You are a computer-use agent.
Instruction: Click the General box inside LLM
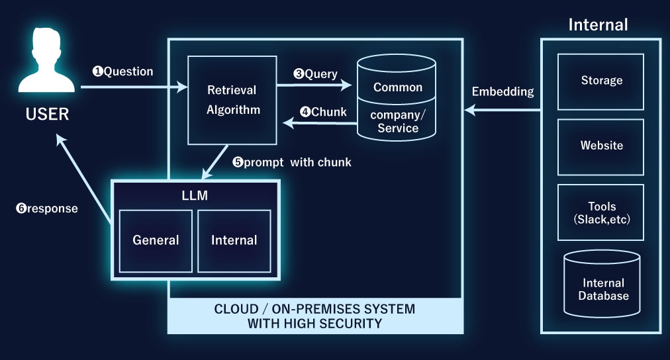click(x=156, y=240)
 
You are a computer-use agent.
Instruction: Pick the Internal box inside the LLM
click(x=234, y=240)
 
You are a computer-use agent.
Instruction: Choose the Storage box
click(x=601, y=81)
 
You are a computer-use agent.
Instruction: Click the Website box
click(x=601, y=146)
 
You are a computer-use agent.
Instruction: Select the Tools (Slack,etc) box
click(x=601, y=211)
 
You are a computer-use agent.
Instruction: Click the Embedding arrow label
click(x=502, y=92)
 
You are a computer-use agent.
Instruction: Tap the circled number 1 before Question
click(x=97, y=71)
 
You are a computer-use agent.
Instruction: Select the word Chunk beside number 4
click(x=329, y=112)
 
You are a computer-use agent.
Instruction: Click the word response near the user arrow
click(x=52, y=208)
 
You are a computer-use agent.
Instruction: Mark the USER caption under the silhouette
click(x=47, y=114)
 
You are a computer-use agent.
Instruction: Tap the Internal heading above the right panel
click(x=598, y=25)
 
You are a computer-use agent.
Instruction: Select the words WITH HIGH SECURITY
click(x=314, y=324)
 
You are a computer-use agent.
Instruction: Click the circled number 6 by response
click(x=21, y=208)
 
